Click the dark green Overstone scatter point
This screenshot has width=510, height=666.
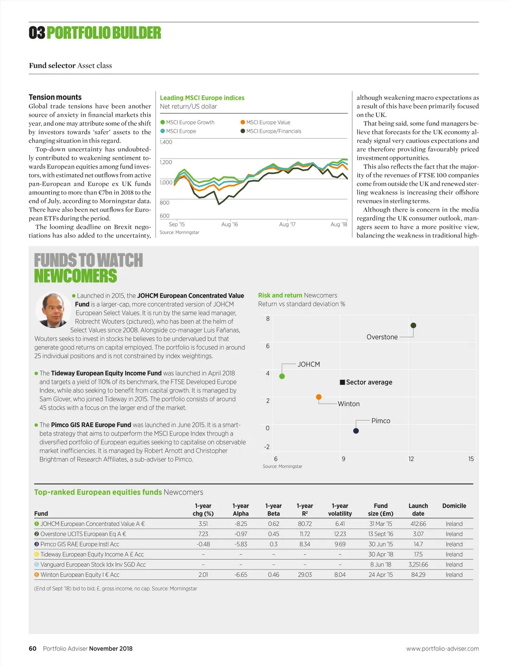click(413, 326)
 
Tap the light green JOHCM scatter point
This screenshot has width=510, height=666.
click(282, 376)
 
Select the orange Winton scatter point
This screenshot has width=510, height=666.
click(319, 397)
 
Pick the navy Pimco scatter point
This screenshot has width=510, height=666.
click(356, 431)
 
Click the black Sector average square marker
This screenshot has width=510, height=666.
click(342, 382)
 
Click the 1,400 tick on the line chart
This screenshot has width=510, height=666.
click(166, 142)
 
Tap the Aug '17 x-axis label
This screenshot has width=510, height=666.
click(287, 224)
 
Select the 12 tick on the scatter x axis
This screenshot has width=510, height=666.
click(411, 459)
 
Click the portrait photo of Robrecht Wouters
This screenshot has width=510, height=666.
click(54, 310)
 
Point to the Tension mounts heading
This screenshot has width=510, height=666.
click(55, 97)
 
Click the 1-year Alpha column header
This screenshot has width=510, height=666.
click(241, 510)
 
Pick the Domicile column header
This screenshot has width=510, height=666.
click(454, 506)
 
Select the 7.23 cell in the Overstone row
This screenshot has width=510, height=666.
click(203, 534)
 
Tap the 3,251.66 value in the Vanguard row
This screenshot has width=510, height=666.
click(418, 565)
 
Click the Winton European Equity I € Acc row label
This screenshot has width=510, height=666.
click(79, 575)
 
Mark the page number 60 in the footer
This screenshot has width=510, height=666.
click(33, 649)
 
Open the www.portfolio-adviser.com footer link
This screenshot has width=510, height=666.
click(442, 649)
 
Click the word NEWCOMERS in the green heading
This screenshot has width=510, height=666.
click(76, 276)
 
